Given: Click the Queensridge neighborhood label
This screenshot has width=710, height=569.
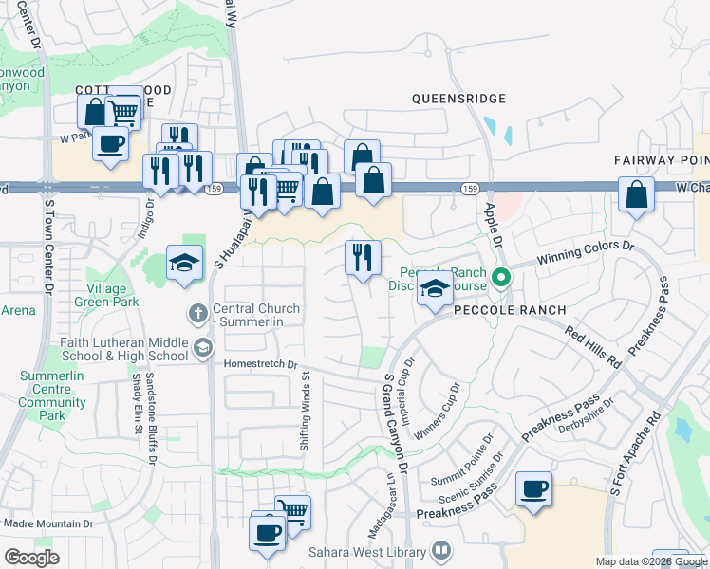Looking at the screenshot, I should coord(458,98).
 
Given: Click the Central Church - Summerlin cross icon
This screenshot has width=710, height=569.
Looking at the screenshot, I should coord(197,311).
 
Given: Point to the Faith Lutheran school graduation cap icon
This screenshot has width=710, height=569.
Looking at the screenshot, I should coord(202,348).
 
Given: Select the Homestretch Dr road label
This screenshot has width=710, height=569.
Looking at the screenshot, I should coord(261,363).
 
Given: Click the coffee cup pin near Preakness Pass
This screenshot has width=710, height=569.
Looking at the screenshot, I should coord(533,490).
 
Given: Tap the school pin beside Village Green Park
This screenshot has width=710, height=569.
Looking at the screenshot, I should coord(184,265).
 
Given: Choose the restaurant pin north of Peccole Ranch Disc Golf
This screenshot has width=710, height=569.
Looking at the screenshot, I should coord(362,258).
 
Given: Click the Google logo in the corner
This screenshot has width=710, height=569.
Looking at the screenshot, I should coord(32,558).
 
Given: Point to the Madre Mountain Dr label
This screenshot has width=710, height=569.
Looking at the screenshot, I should coord(47,523).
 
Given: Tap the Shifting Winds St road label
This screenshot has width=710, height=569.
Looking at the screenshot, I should coord(307,411).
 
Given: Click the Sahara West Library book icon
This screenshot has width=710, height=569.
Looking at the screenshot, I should coord(441,551).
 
